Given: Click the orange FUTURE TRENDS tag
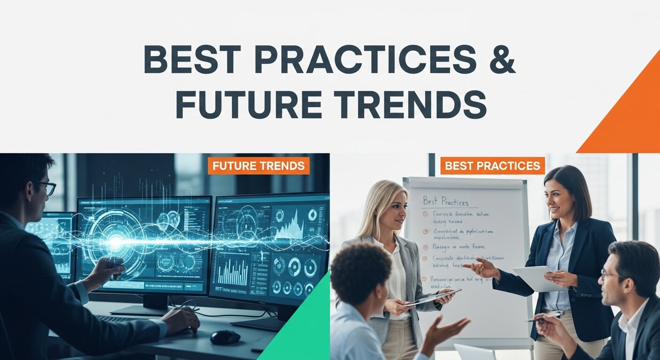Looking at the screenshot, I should pyautogui.click(x=258, y=166).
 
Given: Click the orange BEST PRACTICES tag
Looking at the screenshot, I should pyautogui.click(x=492, y=166).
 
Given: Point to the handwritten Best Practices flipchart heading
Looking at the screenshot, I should pyautogui.click(x=445, y=202).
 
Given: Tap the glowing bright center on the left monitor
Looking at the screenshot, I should pyautogui.click(x=115, y=242).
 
